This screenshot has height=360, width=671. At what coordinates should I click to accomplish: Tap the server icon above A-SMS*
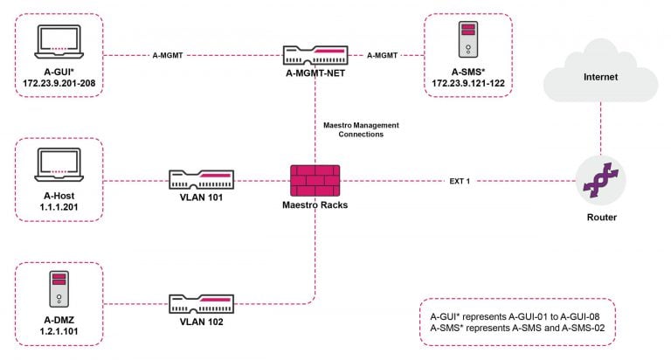point(469,39)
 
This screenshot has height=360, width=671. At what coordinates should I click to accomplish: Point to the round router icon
point(600,181)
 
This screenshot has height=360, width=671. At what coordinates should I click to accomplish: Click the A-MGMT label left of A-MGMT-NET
point(168,55)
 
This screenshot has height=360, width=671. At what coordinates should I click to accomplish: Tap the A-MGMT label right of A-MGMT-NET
point(382,55)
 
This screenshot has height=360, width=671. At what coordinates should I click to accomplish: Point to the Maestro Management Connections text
point(354,130)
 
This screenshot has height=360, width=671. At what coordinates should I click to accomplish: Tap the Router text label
point(600,217)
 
